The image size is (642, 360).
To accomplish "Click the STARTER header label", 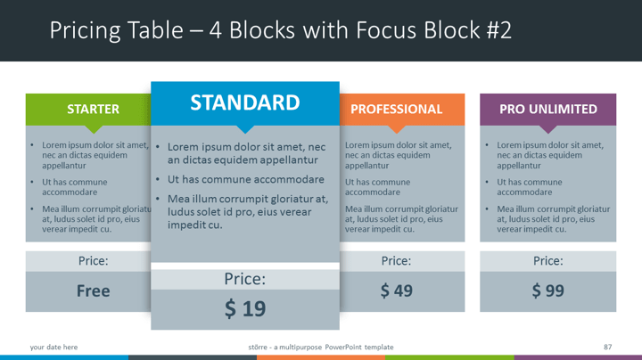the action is (93, 110).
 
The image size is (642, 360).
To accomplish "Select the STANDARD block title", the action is (245, 102).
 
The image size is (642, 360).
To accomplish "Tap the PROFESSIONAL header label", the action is (396, 110).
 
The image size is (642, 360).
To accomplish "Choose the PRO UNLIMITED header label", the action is (548, 110).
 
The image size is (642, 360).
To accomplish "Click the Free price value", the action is (94, 290).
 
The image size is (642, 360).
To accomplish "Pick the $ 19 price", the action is (245, 308).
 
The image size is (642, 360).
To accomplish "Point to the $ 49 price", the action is (396, 290).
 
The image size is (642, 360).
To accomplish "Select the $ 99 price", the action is (548, 290).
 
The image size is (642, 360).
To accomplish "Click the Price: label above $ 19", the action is (245, 279).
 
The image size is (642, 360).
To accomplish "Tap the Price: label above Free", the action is (94, 261).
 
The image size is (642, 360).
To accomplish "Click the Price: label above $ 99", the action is (548, 261).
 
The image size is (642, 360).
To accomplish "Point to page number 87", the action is (607, 347).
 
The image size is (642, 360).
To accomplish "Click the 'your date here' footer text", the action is (53, 347).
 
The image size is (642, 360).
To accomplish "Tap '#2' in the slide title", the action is (499, 30).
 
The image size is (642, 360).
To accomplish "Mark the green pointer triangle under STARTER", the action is (94, 129).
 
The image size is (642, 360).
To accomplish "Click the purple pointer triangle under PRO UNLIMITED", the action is (548, 129).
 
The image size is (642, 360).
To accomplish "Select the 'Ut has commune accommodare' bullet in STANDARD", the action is (246, 179).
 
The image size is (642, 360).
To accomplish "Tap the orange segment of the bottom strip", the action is (321, 357).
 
